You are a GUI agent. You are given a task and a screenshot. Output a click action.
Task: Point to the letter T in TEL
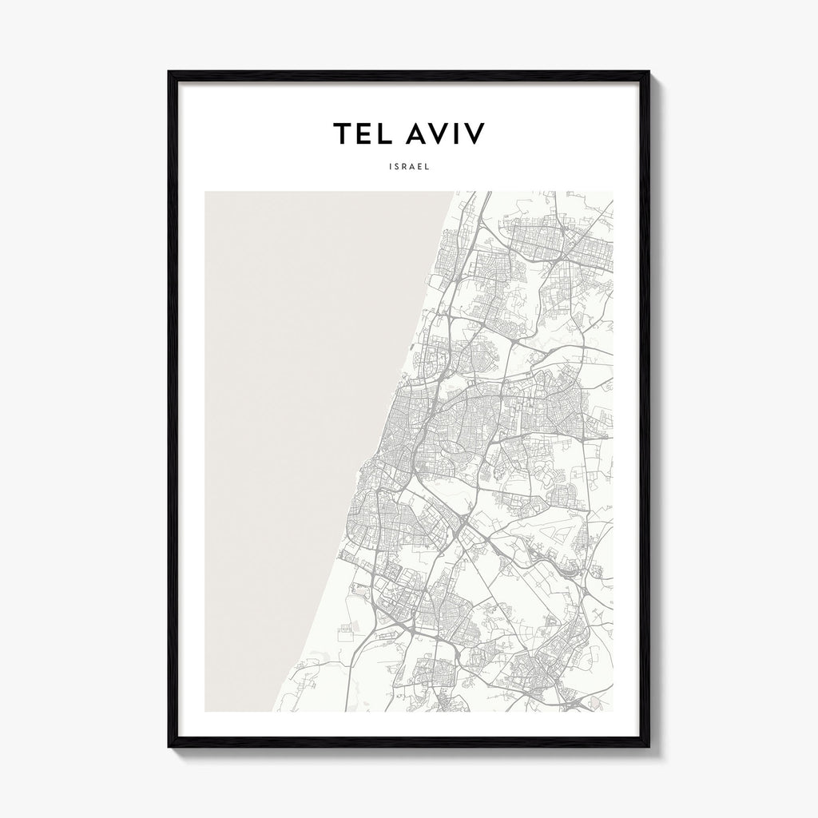coord(343,134)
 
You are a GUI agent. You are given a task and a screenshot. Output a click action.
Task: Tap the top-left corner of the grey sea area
coord(206,193)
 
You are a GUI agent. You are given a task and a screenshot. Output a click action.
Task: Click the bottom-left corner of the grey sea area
coord(206,709)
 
